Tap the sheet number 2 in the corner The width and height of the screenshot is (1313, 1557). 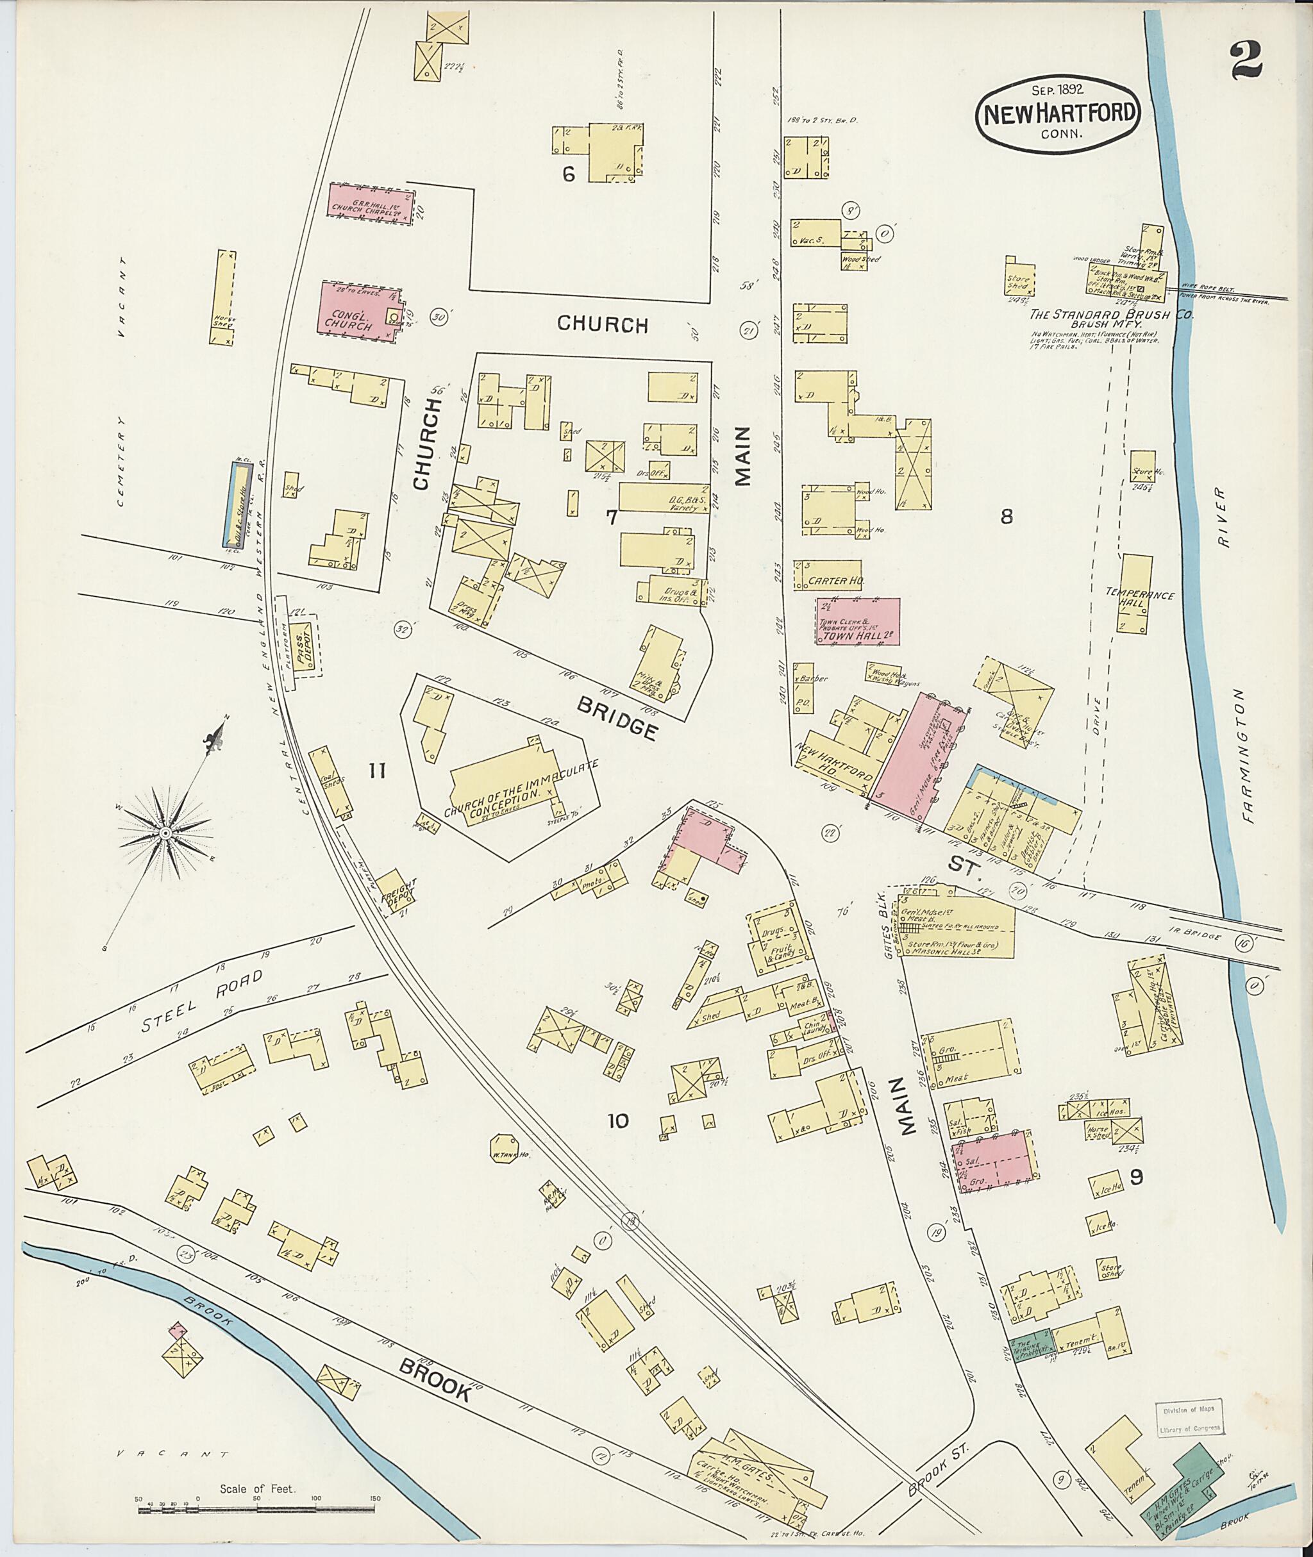(x=1245, y=60)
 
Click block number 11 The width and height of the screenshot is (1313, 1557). (x=378, y=771)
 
